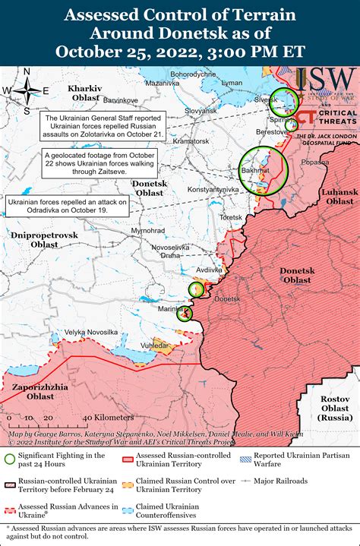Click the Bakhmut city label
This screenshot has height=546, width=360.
(256, 172)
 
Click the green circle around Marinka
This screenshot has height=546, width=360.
(185, 313)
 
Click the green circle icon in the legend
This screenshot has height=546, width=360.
(9, 459)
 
